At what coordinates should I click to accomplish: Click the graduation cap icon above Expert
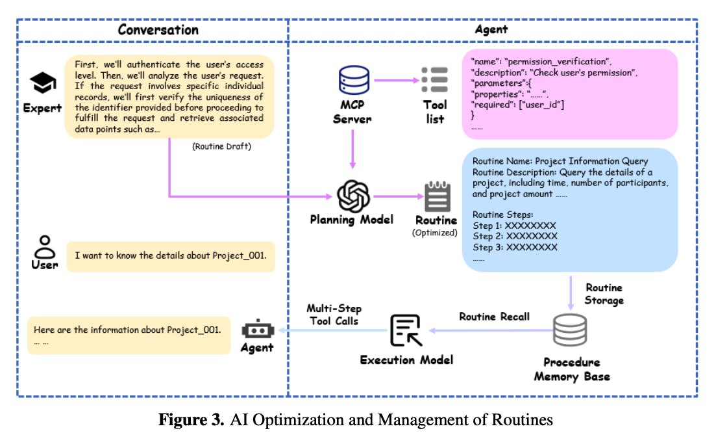pos(43,83)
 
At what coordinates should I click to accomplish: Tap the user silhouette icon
pos(45,247)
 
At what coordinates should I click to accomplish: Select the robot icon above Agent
pos(258,329)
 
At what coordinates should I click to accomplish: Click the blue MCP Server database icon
pos(354,80)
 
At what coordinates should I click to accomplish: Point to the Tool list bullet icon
pos(434,79)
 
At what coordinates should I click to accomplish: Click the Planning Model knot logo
pos(353,196)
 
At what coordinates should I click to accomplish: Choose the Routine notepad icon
pos(438,196)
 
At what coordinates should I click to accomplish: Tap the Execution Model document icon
pos(406,330)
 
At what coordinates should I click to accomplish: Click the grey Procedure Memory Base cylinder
pos(570,330)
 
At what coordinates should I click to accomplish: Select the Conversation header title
pos(158,30)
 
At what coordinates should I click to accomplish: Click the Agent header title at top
pos(491,30)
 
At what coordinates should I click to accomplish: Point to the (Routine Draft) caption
pos(221,146)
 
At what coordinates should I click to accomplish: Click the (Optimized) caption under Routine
pos(435,233)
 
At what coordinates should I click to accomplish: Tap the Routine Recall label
pos(494,317)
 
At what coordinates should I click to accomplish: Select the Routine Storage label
pos(604,294)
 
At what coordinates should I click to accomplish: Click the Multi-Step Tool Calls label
pos(334,314)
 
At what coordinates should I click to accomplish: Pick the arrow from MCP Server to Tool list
pos(397,80)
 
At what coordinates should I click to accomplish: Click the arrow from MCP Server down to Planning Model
pos(352,149)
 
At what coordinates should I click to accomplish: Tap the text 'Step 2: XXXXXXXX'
pos(515,236)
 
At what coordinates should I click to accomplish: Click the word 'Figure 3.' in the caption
pos(191,419)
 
